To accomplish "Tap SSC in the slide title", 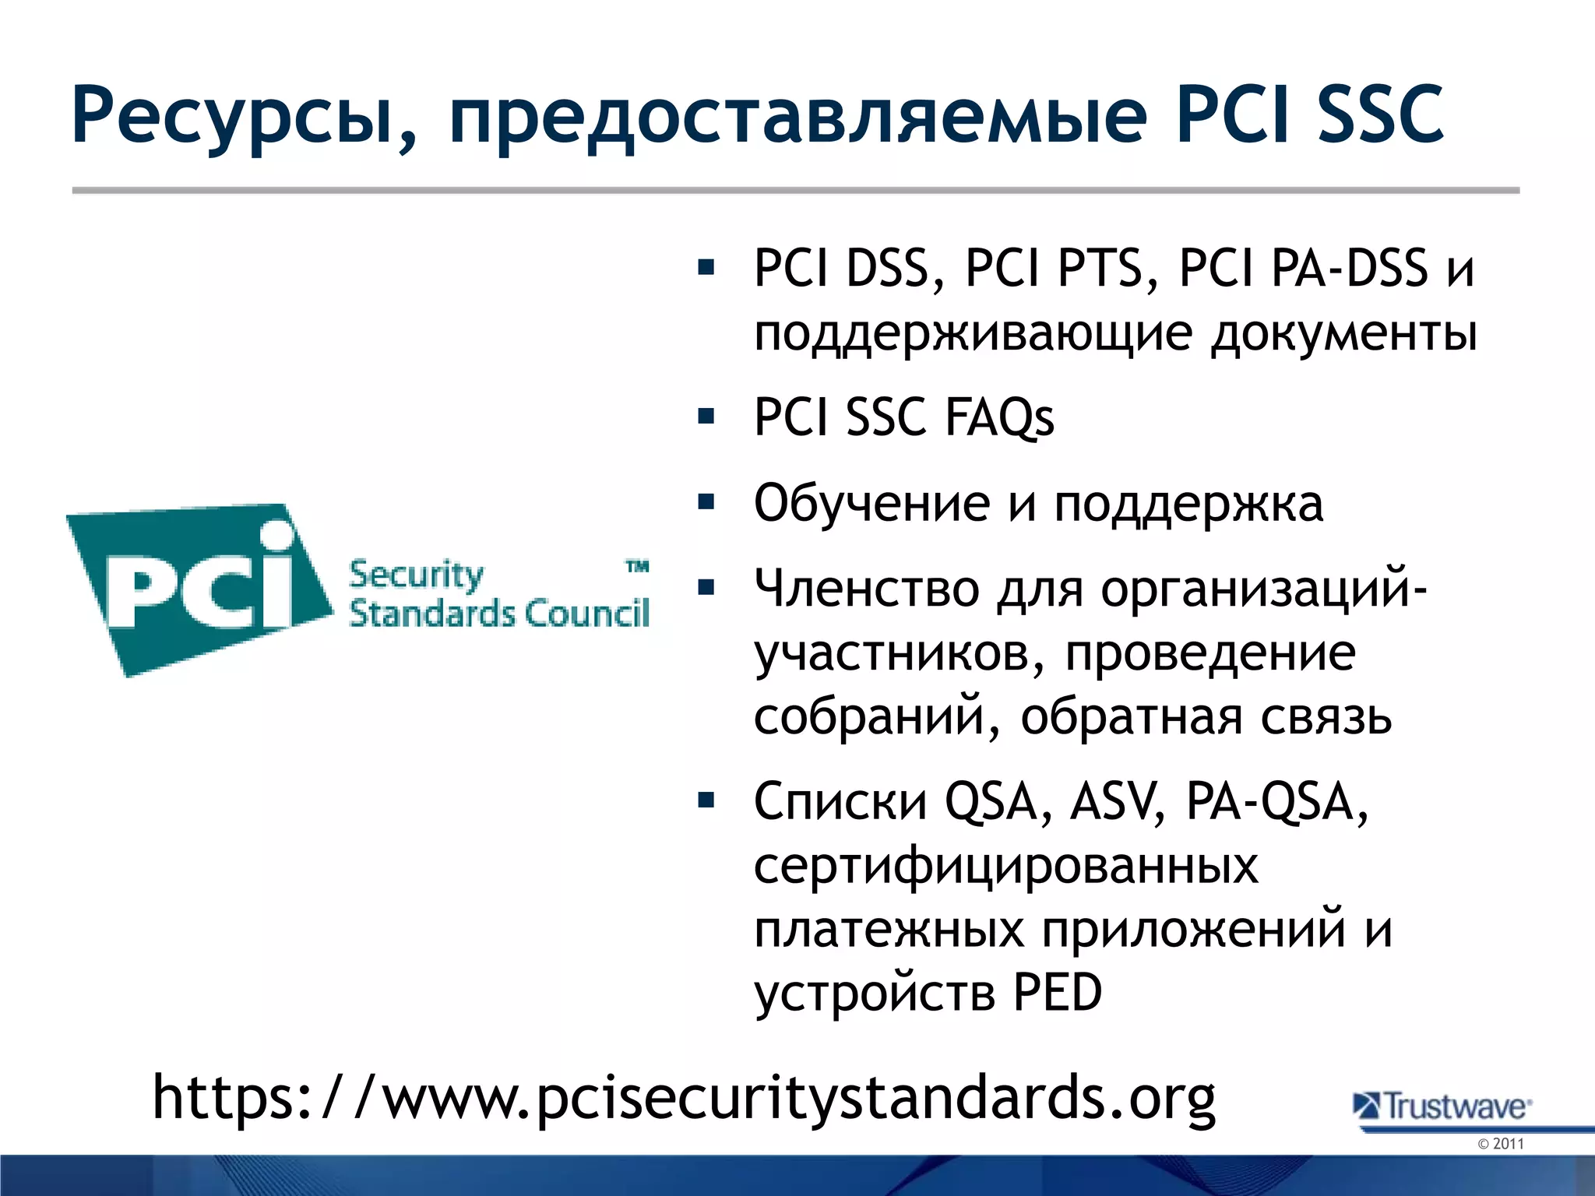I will coord(1379,115).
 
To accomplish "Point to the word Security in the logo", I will coord(416,575).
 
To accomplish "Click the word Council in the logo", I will coord(586,614).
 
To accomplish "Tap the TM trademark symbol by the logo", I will coord(638,566).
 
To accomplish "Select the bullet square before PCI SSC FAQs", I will coord(706,416).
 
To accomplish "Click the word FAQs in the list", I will coord(999,417).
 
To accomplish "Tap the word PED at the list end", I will coord(1058,994).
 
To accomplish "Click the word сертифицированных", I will coord(1005,866).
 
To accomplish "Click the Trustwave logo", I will coord(1442,1106).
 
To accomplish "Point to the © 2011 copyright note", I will coord(1500,1144).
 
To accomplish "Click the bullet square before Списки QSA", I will coord(706,800).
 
